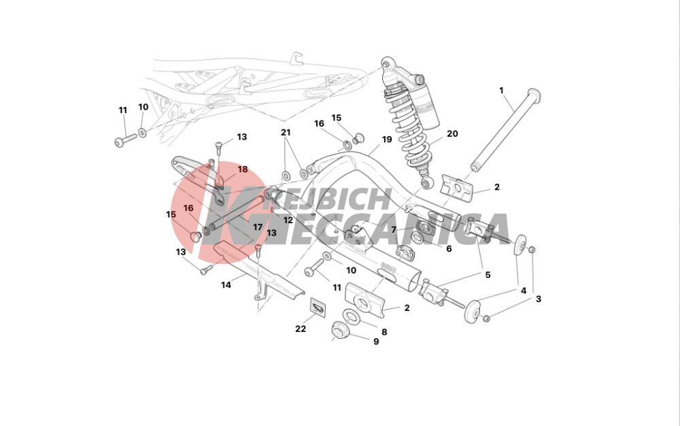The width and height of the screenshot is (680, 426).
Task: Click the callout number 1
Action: tap(501, 91)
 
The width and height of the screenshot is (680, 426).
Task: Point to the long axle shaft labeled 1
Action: tap(506, 131)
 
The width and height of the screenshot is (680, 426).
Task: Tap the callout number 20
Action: tap(452, 133)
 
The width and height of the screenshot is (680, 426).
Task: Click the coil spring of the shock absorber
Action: tap(409, 130)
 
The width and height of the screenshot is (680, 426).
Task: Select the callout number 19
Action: tap(387, 140)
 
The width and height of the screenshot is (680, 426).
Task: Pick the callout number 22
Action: tap(301, 329)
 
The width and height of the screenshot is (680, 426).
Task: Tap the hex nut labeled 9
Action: tap(339, 331)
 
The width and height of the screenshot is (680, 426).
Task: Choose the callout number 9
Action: tap(376, 342)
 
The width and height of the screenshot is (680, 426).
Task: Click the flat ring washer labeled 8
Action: tap(352, 316)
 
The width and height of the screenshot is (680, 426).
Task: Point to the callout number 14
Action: tap(226, 285)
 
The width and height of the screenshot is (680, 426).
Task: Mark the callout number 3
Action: tap(538, 299)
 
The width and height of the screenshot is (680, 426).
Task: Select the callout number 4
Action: tap(524, 291)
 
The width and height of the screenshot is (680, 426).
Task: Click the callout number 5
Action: tap(488, 275)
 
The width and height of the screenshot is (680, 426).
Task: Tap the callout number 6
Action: tap(449, 248)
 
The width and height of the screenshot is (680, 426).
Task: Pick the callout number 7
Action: tap(394, 229)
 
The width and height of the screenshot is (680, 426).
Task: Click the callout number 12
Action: tap(288, 220)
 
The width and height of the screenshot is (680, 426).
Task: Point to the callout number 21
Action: tap(286, 132)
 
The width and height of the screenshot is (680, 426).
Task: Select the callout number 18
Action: tap(243, 169)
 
